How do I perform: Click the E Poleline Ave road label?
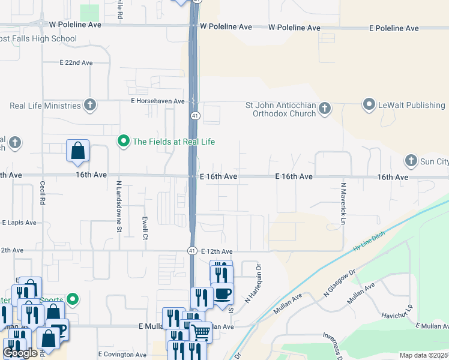[x=394, y=28]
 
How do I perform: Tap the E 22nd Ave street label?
[x=76, y=62]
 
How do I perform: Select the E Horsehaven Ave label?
[x=157, y=101]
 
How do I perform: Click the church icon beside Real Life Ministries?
[x=90, y=106]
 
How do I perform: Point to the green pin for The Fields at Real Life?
[x=124, y=142]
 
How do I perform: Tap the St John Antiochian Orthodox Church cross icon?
[x=325, y=109]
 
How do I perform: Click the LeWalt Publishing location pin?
[x=369, y=105]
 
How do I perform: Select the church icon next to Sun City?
[x=411, y=160]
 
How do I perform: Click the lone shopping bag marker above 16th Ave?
[x=78, y=151]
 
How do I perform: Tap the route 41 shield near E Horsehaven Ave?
[x=195, y=115]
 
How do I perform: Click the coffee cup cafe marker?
[x=223, y=293]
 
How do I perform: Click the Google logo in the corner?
[x=20, y=353]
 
